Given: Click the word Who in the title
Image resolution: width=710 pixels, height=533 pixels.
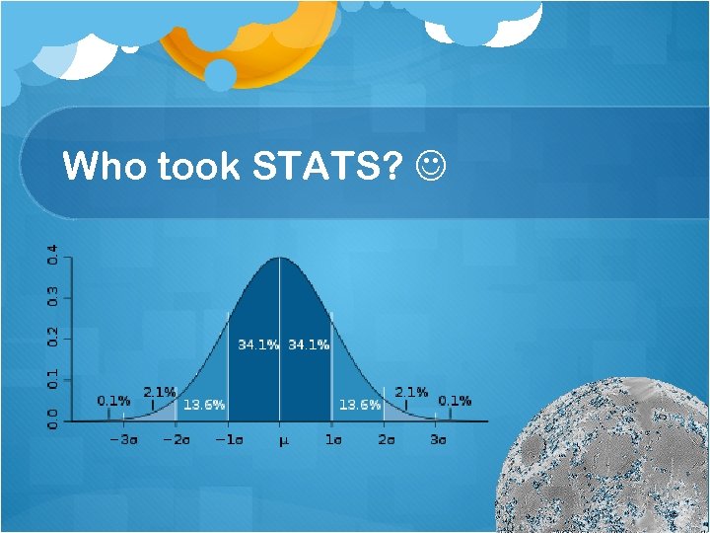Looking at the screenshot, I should [x=104, y=167].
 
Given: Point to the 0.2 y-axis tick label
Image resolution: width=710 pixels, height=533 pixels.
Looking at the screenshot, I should [x=53, y=337].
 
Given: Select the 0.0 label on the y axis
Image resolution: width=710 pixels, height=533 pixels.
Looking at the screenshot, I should [x=53, y=419].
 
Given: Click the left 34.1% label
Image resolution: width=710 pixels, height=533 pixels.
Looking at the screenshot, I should [x=258, y=344].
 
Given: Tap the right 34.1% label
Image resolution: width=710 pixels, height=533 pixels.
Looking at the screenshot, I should [x=309, y=344].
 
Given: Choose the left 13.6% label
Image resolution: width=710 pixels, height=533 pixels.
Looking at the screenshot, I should [x=203, y=405].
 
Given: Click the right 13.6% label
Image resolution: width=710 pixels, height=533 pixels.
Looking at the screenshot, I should [x=359, y=405].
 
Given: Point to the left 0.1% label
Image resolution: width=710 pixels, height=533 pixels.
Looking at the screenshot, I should [x=113, y=400].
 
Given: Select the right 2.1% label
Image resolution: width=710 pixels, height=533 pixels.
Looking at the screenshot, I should [x=411, y=392].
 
